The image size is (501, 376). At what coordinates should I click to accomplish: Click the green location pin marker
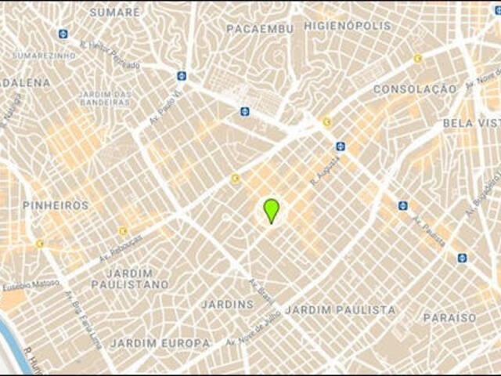click(271, 210)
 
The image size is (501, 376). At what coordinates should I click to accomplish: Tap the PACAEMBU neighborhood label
click(260, 29)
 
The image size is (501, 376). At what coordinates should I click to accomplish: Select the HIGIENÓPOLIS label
click(348, 26)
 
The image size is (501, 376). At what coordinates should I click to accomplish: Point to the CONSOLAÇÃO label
click(414, 89)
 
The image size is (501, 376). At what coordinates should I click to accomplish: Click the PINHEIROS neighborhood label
click(55, 205)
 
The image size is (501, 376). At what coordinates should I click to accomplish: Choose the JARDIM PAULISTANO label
click(129, 278)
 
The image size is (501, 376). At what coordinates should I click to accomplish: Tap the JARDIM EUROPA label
click(160, 343)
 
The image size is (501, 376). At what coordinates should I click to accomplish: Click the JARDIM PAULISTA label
click(340, 310)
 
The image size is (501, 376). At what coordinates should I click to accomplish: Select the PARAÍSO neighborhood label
click(449, 318)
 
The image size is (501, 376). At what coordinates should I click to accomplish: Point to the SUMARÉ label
click(114, 13)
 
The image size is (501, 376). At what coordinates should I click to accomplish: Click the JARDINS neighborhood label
click(227, 304)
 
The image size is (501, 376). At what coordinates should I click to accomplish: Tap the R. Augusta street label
click(325, 169)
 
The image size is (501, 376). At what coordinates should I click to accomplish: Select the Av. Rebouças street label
click(121, 248)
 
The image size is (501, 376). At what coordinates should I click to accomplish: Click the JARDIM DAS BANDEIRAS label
click(104, 99)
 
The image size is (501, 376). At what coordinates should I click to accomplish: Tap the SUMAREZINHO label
click(45, 56)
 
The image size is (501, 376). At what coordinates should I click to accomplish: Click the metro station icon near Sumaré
click(63, 34)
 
